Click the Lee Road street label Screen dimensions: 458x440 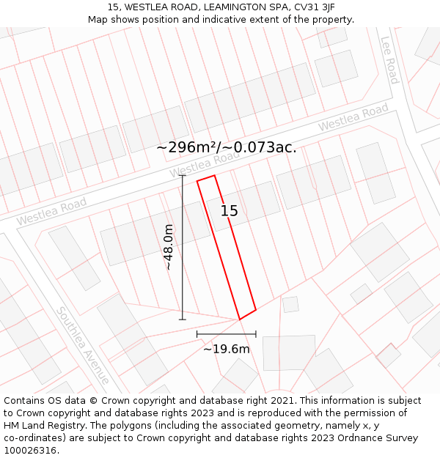(389, 61)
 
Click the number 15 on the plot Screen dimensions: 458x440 (230, 211)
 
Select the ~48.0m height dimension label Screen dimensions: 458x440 (169, 248)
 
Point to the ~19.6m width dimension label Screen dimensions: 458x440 (227, 349)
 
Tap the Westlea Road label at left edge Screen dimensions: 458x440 (51, 211)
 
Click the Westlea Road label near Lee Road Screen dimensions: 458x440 (353, 118)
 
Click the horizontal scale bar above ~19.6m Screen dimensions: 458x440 (227, 334)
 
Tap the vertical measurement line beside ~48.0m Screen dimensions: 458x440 (183, 248)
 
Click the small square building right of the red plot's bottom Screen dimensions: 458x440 (291, 304)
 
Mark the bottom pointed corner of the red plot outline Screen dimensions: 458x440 (240, 320)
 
